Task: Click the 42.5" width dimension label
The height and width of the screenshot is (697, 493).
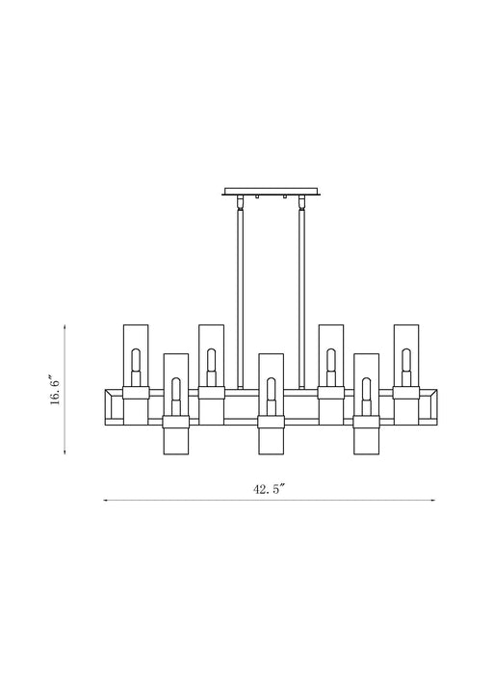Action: click(x=270, y=489)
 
